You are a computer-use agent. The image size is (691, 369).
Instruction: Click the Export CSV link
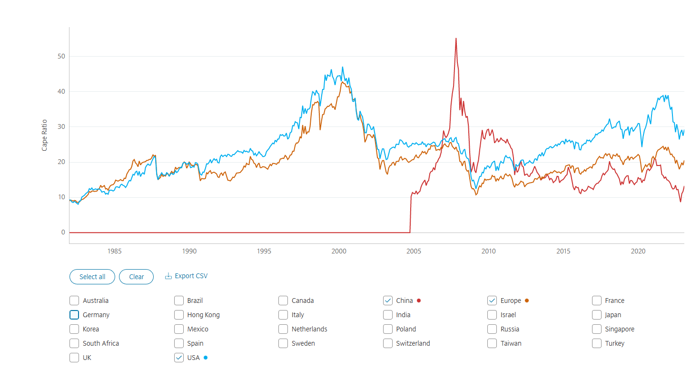187,276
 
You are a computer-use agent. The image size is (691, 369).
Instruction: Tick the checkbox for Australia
74,301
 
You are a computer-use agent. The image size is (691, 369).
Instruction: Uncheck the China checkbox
388,301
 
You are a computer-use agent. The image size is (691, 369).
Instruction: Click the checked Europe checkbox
492,301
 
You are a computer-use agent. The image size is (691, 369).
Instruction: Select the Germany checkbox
74,315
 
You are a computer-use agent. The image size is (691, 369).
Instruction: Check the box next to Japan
597,315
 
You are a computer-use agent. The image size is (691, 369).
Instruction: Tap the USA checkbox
179,358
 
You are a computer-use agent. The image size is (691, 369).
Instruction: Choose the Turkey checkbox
597,343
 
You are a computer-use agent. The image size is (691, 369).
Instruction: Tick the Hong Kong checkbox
179,315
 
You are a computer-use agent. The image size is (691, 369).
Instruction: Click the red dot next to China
419,301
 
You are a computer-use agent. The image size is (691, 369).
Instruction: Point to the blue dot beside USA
206,358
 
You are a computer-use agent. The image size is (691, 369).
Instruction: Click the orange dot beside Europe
527,301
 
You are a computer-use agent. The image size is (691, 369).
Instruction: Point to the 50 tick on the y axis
61,56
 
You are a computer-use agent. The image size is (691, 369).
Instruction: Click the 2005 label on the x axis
414,251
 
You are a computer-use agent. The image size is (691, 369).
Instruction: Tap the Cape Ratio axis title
45,136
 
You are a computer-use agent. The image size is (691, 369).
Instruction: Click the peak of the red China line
456,39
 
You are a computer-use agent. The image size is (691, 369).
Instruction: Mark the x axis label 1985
114,251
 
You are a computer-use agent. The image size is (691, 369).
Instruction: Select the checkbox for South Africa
74,343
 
